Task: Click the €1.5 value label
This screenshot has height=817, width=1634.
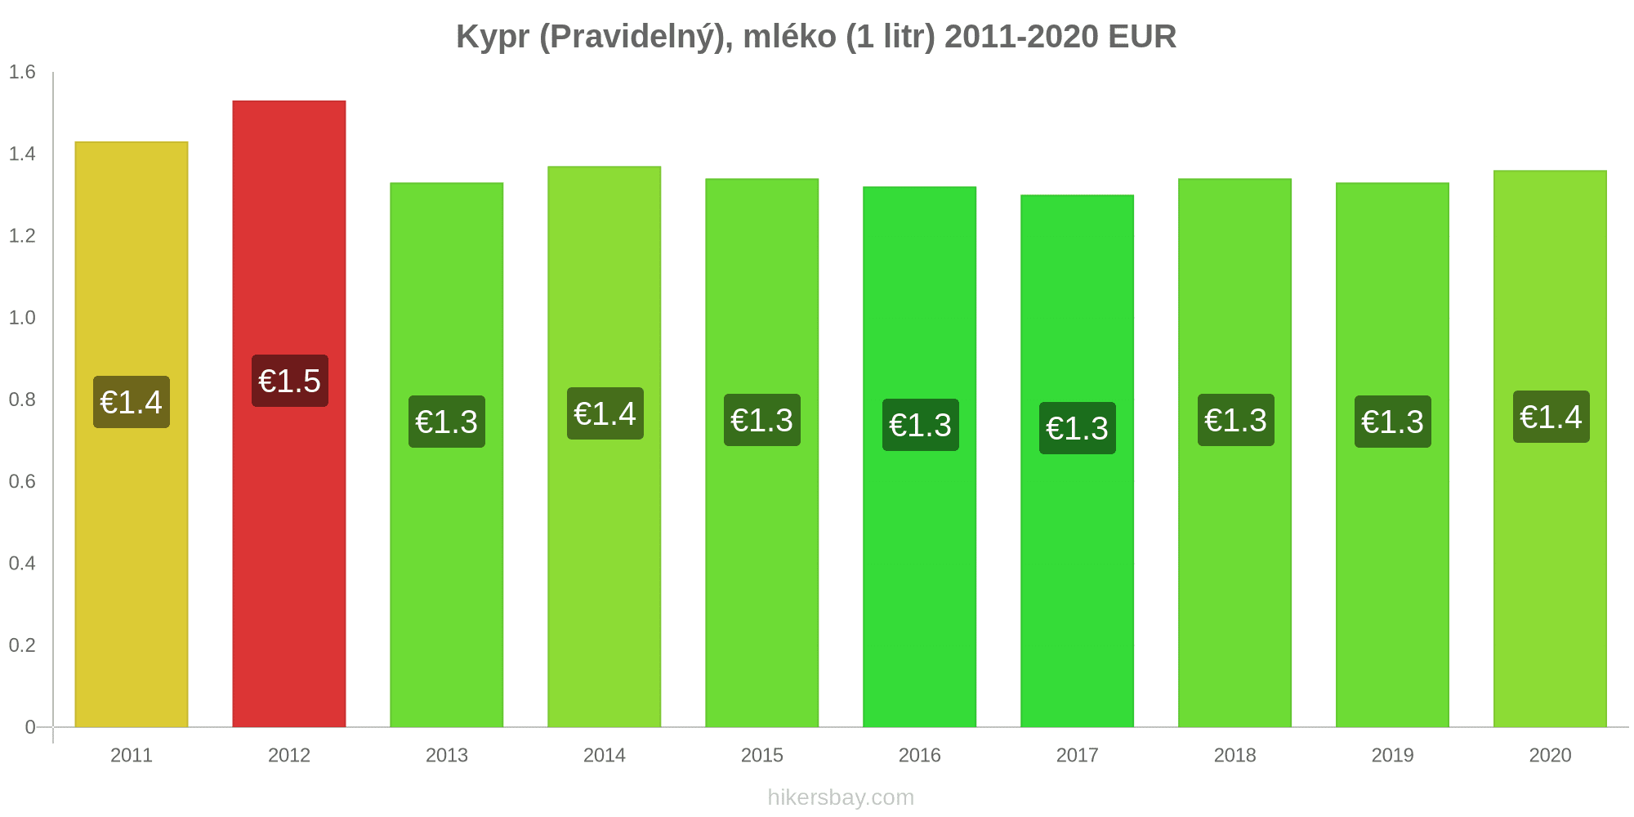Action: click(x=290, y=381)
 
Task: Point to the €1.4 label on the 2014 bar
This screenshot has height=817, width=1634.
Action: click(x=605, y=413)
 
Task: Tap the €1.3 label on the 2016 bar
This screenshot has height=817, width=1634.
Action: click(x=920, y=425)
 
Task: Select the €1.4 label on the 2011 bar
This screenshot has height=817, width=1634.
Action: click(x=132, y=402)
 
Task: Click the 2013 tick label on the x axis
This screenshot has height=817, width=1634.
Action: click(x=447, y=755)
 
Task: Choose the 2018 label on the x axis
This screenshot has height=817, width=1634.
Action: click(x=1234, y=755)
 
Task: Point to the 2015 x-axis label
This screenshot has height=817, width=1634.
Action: click(x=762, y=755)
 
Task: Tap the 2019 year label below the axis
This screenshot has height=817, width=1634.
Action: click(x=1392, y=755)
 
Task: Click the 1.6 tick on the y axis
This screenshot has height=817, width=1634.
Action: click(x=22, y=73)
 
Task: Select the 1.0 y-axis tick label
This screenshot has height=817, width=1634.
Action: click(x=22, y=318)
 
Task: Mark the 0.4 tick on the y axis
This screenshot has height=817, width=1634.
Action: click(x=22, y=563)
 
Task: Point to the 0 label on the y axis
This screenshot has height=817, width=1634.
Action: click(x=30, y=727)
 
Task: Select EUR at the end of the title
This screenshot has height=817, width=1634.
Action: click(x=1142, y=37)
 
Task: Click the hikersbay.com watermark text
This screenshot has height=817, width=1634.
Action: click(x=841, y=797)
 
